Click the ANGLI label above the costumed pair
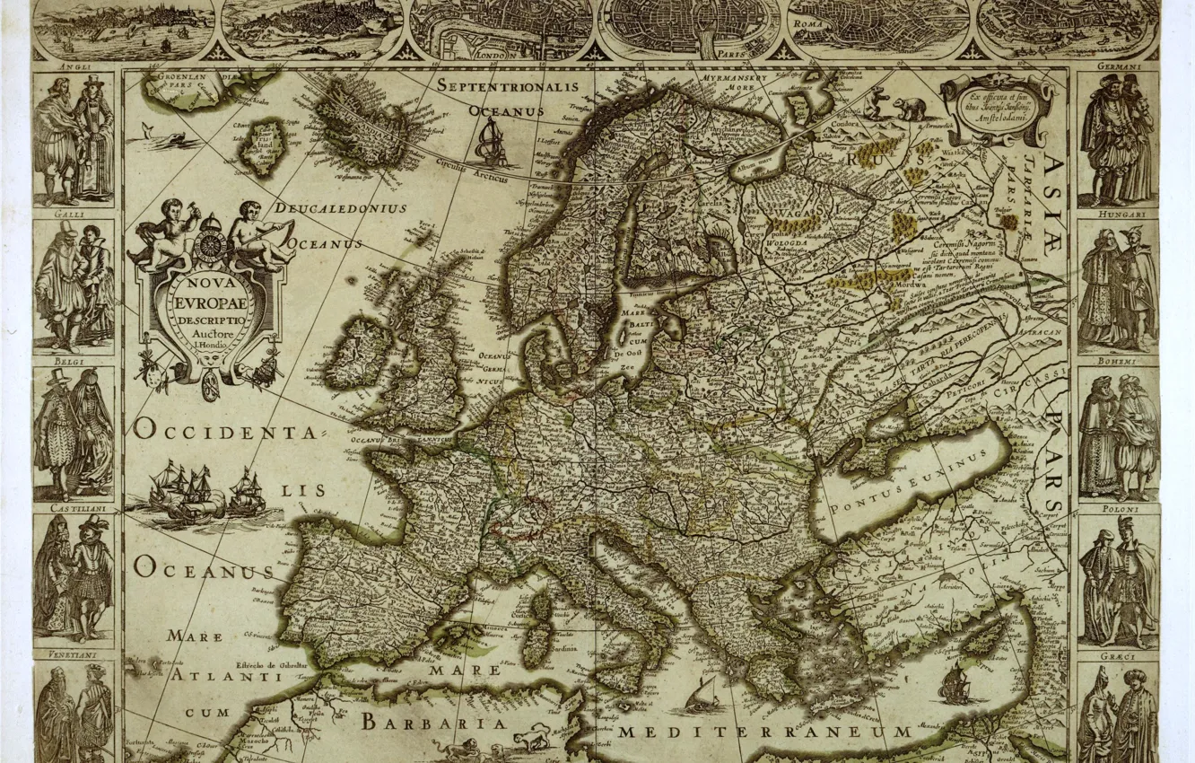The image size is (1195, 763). [74, 66]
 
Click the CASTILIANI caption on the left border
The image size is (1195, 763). [74, 509]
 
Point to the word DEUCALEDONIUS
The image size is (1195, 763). [341, 208]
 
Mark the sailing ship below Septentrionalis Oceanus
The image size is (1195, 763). [493, 144]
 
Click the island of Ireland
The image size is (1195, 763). [357, 351]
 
